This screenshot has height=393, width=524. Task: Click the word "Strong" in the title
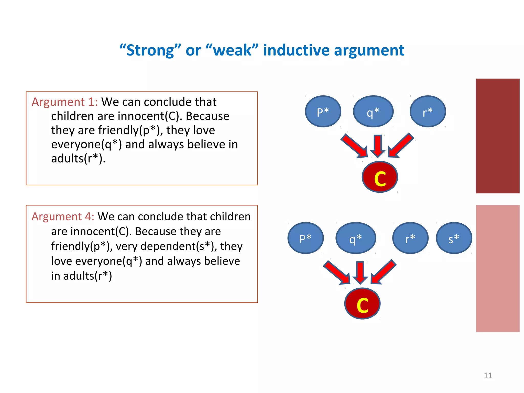click(x=150, y=50)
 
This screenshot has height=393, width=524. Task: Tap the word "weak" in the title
click(x=232, y=50)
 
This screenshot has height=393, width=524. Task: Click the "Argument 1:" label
click(x=64, y=102)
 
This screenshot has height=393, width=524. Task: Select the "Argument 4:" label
click(x=63, y=216)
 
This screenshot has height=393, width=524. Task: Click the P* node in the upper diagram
click(x=323, y=112)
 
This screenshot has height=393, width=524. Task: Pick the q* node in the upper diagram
click(x=373, y=112)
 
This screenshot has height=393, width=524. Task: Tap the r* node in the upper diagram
click(x=428, y=112)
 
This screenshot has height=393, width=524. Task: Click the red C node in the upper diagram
click(x=380, y=177)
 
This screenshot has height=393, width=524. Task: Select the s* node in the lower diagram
click(x=454, y=238)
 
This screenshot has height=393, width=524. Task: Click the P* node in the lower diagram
click(x=305, y=238)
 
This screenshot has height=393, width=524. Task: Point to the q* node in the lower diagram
click(x=356, y=238)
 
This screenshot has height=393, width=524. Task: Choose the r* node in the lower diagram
click(x=410, y=238)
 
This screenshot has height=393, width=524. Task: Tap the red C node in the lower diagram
click(x=362, y=304)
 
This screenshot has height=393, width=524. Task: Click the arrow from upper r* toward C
click(x=401, y=145)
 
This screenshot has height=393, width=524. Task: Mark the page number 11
click(x=488, y=375)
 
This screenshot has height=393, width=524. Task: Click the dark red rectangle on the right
click(x=497, y=136)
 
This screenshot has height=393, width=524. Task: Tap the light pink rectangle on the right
click(x=497, y=268)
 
